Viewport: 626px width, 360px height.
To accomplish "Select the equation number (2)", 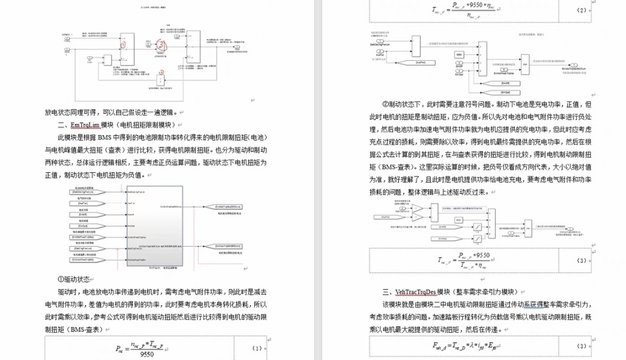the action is [581, 10].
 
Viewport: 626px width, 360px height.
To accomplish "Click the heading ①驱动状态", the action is [74, 279].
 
